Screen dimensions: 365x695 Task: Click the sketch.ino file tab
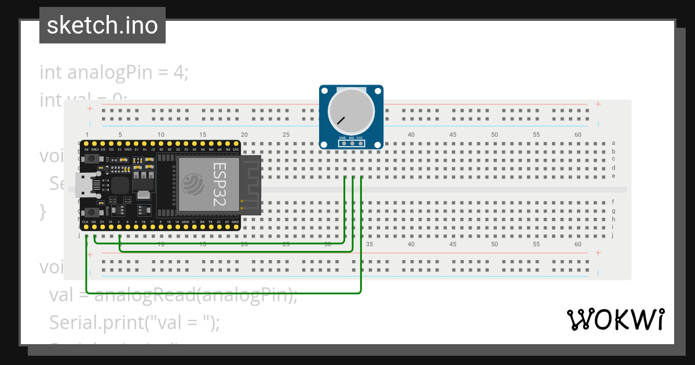pyautogui.click(x=102, y=25)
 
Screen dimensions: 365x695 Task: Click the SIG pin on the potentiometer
pyautogui.click(x=352, y=143)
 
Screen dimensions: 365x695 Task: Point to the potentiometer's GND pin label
pyautogui.click(x=342, y=138)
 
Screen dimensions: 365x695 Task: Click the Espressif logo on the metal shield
pyautogui.click(x=192, y=185)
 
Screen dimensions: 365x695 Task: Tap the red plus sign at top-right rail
pyautogui.click(x=598, y=104)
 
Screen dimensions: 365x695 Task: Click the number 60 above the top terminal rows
pyautogui.click(x=578, y=134)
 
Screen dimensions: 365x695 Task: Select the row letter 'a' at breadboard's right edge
pyautogui.click(x=613, y=143)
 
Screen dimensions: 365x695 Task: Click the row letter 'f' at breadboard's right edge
pyautogui.click(x=613, y=202)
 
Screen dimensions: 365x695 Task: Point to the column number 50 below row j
pyautogui.click(x=495, y=244)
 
